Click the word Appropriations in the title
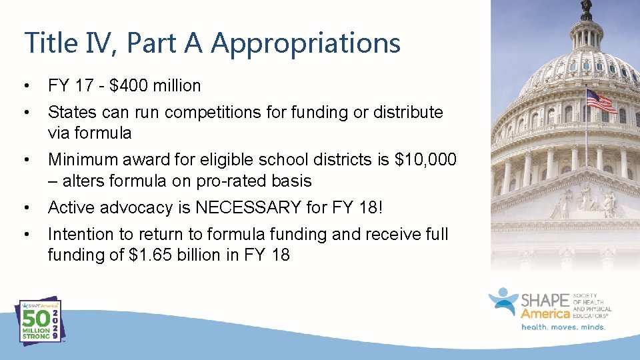305,43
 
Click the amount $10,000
425,160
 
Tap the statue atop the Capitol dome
586,9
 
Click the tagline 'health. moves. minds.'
563,327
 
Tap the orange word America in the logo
545,313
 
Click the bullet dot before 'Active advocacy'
25,208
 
